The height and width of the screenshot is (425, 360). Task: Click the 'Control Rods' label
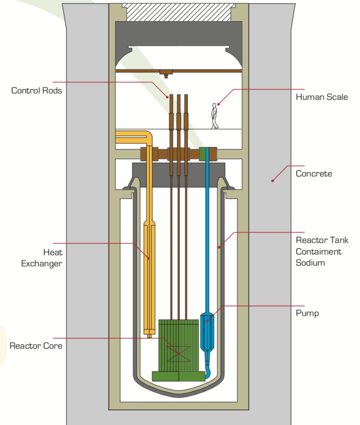(x=36, y=90)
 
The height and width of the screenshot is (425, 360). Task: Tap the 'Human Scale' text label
(x=321, y=97)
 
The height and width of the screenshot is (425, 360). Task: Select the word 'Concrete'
(x=314, y=173)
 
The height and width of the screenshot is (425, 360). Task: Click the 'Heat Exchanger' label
(x=41, y=258)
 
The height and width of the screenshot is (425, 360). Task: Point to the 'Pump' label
(x=307, y=313)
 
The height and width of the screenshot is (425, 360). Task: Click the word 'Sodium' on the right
(x=310, y=263)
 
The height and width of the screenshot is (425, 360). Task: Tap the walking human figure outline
(x=214, y=116)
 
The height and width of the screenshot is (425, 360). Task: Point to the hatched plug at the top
(x=179, y=12)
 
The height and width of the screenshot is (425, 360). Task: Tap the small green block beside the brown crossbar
(x=204, y=154)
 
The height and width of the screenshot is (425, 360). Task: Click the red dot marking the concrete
(x=272, y=181)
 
